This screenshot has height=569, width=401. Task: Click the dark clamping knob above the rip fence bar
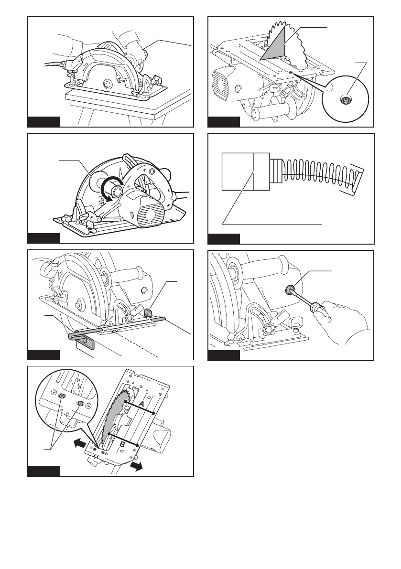pyautogui.click(x=148, y=311)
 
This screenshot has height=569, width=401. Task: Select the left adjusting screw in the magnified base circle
pyautogui.click(x=62, y=396)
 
